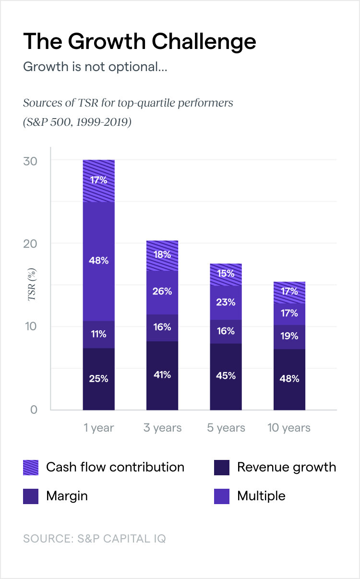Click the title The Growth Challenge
[x=139, y=42]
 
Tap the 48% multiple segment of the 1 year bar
[x=99, y=261]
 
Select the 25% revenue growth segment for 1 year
[x=99, y=379]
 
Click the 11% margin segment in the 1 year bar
[x=99, y=334]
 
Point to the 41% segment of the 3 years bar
[x=162, y=375]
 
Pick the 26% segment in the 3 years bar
[x=162, y=292]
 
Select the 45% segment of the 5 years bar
[x=226, y=376]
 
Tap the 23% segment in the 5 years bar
[x=226, y=302]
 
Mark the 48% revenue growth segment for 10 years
[x=289, y=379]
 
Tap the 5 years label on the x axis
[x=226, y=428]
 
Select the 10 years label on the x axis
[x=289, y=428]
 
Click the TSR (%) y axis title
[x=32, y=285]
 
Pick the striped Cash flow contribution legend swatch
[x=31, y=467]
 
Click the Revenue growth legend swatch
[x=222, y=467]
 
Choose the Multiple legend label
[x=261, y=496]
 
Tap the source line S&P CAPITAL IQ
[x=95, y=539]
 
